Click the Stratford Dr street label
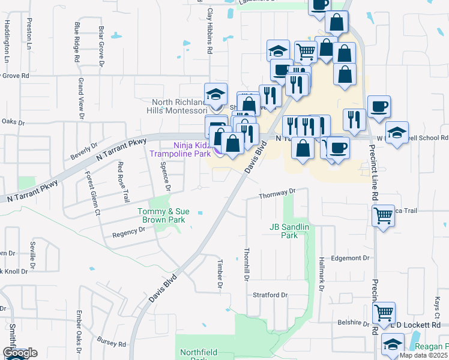(x=270, y=295)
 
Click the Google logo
(x=20, y=353)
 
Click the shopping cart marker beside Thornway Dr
(x=384, y=215)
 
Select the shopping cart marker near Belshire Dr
(x=384, y=313)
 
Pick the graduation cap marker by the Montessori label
(x=215, y=94)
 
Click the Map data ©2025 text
(x=424, y=355)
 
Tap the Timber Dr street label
(x=219, y=278)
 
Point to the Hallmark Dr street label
(x=322, y=280)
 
